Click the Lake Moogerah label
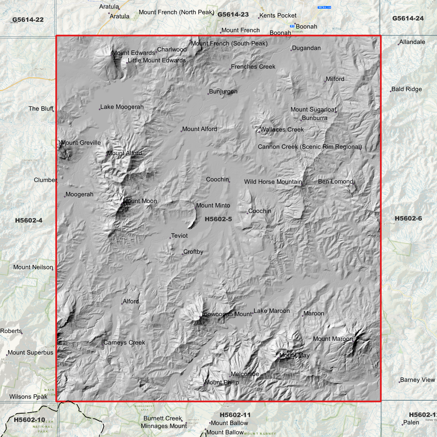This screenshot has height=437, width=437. click(x=122, y=107)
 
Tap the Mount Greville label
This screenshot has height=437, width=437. click(x=81, y=143)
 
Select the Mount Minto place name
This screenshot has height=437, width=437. click(x=213, y=206)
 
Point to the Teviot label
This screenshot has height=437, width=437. click(x=179, y=236)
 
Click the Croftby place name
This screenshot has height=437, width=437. click(x=193, y=252)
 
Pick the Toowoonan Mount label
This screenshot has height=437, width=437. click(x=226, y=314)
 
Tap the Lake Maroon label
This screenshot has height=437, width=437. click(x=272, y=311)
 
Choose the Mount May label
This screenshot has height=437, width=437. click(x=294, y=355)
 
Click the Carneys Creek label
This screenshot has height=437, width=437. click(x=124, y=343)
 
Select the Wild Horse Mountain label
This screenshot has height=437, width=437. click(x=273, y=182)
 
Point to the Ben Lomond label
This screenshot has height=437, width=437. click(x=335, y=181)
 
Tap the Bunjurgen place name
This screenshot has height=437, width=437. click(x=223, y=91)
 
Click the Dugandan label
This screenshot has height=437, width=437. click(x=306, y=48)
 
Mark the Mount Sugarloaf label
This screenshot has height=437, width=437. click(x=313, y=109)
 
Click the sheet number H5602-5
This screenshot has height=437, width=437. click(x=218, y=219)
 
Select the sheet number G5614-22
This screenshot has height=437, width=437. click(x=28, y=20)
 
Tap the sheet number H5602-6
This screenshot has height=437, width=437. click(x=408, y=219)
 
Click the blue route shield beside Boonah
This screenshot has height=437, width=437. click(x=292, y=26)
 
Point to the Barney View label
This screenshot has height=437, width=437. click(x=417, y=380)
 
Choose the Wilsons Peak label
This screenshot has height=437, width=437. click(x=28, y=397)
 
